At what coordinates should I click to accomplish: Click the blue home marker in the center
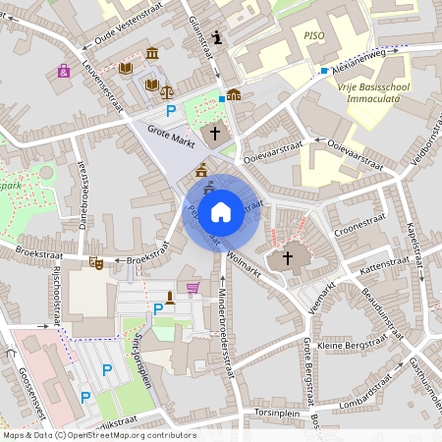(221, 211)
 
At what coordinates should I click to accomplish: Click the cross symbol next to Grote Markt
(215, 133)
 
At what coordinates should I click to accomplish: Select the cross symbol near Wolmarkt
(288, 258)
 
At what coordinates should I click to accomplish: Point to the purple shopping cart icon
(193, 288)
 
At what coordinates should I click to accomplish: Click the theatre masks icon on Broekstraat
(95, 263)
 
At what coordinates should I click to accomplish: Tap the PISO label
(313, 35)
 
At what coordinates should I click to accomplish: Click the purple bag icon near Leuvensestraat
(64, 71)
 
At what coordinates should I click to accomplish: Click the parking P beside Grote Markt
(171, 111)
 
